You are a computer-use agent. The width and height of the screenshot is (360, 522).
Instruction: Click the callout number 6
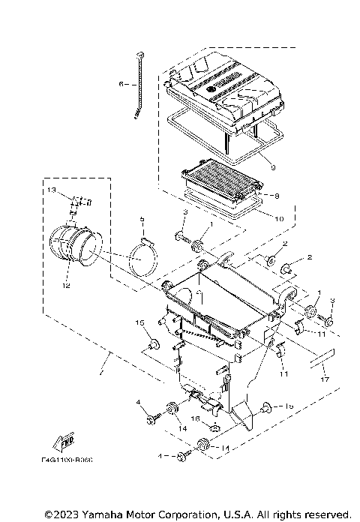point(121,85)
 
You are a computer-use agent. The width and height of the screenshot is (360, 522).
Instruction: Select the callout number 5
point(141,220)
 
